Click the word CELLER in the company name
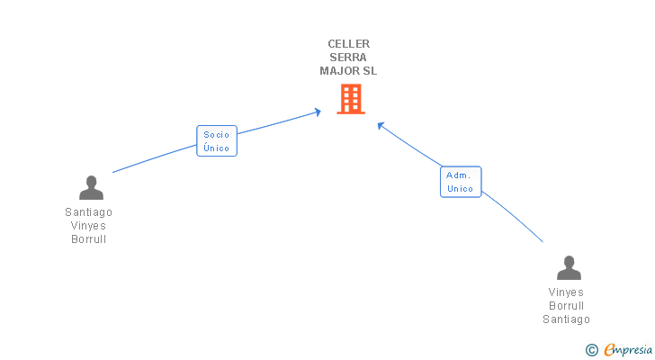tap(349, 43)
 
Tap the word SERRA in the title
tap(349, 57)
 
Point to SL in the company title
tap(370, 70)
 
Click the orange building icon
tap(350, 99)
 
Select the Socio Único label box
tap(217, 140)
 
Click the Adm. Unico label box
tap(461, 182)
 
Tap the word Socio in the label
tap(217, 134)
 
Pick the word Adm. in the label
tap(460, 175)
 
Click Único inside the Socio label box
tap(217, 148)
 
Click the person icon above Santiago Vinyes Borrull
tap(91, 187)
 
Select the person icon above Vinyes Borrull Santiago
tap(569, 268)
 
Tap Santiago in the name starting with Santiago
tap(89, 212)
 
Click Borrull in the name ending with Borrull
tap(89, 239)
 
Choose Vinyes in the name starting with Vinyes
tap(566, 292)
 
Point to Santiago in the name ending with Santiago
tap(566, 319)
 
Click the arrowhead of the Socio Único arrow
tap(318, 112)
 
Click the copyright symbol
tap(591, 350)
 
